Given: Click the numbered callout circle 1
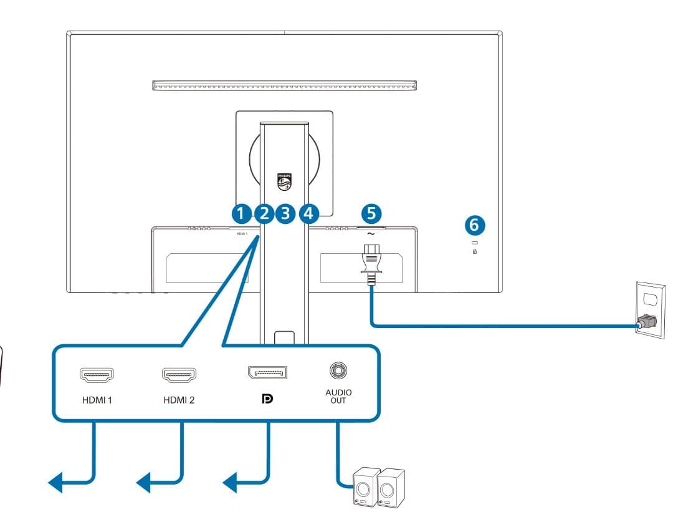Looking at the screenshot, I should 241,213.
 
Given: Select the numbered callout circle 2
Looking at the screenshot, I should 264,213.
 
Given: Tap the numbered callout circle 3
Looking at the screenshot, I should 286,213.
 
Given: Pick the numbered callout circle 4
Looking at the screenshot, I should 308,213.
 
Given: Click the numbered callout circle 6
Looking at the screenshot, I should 475,223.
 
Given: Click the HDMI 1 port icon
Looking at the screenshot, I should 97,375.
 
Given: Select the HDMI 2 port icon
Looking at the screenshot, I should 179,375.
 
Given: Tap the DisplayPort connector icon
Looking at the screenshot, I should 267,373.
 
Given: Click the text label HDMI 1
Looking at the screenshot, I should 97,400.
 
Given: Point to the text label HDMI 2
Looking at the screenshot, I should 179,400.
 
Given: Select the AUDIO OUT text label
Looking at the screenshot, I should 339,396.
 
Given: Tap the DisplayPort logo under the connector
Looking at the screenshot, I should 268,400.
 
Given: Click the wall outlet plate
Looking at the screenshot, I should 650,309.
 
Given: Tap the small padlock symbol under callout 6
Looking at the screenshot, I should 475,252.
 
